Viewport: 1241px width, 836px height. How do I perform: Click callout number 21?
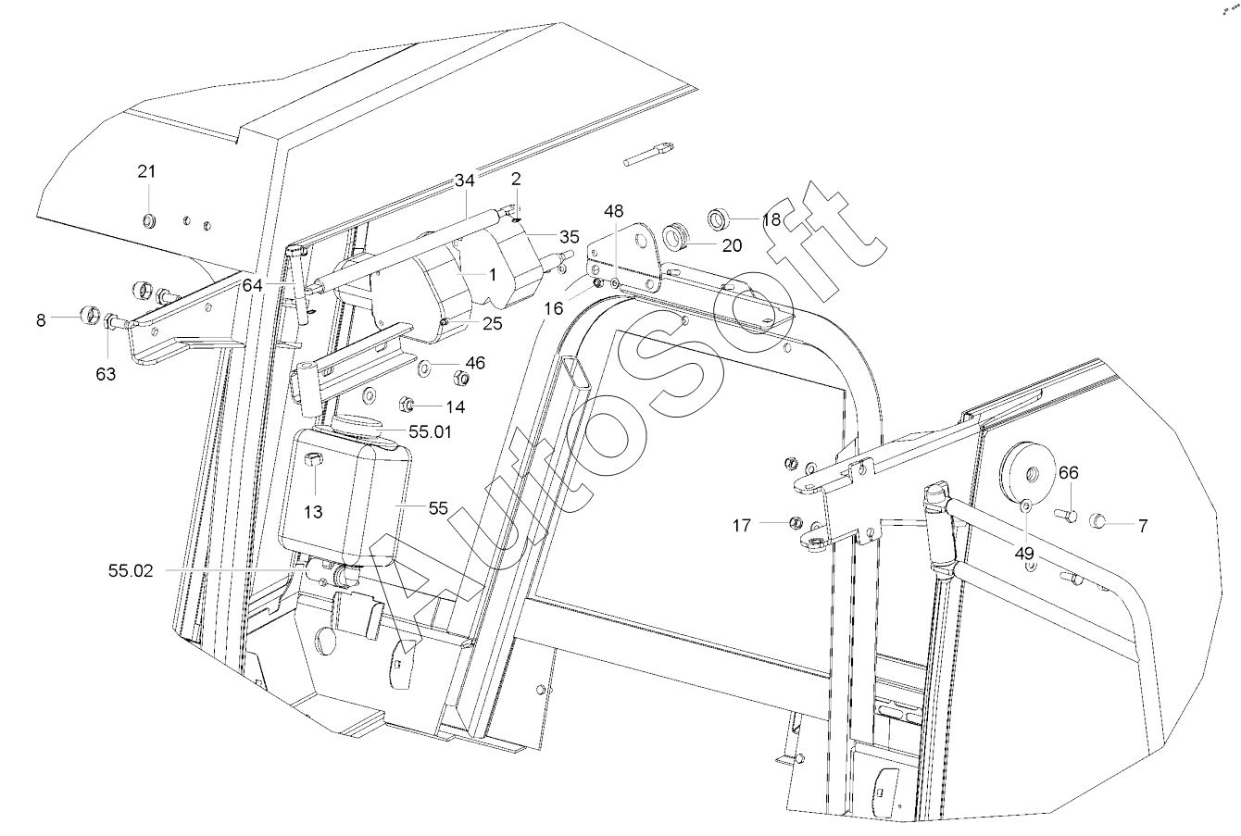click(x=146, y=172)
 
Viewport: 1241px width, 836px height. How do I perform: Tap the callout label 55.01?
click(x=430, y=431)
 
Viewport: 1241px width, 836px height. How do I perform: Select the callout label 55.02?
click(x=131, y=571)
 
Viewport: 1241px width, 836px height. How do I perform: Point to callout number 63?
click(x=106, y=375)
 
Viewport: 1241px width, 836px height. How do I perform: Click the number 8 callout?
click(x=41, y=320)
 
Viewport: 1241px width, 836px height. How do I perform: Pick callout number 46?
click(x=475, y=363)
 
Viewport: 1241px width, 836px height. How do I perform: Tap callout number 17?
click(x=742, y=525)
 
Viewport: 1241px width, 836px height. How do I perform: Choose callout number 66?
click(x=1069, y=472)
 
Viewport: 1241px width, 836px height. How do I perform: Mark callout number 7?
click(x=1143, y=526)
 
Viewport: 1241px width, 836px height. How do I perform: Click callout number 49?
click(x=1024, y=554)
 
